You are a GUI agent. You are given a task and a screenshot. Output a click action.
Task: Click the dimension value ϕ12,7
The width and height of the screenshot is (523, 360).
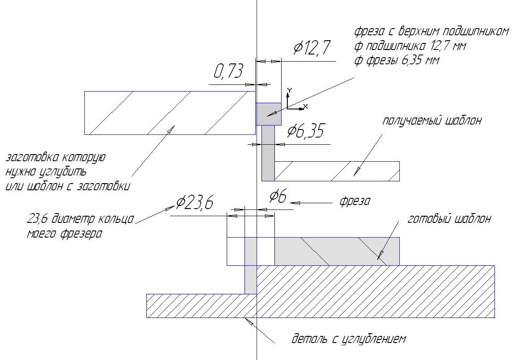312,48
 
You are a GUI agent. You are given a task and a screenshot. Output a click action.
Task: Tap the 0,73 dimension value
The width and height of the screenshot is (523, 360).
228,71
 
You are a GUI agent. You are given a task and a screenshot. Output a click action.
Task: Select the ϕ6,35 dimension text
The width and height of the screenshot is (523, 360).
305,130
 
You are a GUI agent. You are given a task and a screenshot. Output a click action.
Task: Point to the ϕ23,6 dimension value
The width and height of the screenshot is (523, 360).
195,202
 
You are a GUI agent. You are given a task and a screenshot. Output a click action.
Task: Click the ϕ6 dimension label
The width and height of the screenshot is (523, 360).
278,196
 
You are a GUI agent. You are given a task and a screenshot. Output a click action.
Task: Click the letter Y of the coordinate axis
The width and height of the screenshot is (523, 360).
290,91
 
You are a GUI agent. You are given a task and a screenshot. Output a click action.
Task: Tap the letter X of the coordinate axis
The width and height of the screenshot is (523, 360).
305,107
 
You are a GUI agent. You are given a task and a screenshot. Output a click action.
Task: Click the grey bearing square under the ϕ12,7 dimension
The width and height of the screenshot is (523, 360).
268,114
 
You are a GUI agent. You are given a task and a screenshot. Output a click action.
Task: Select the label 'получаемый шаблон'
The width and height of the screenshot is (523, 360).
432,120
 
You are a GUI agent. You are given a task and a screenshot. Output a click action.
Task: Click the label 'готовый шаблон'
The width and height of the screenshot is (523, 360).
449,219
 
